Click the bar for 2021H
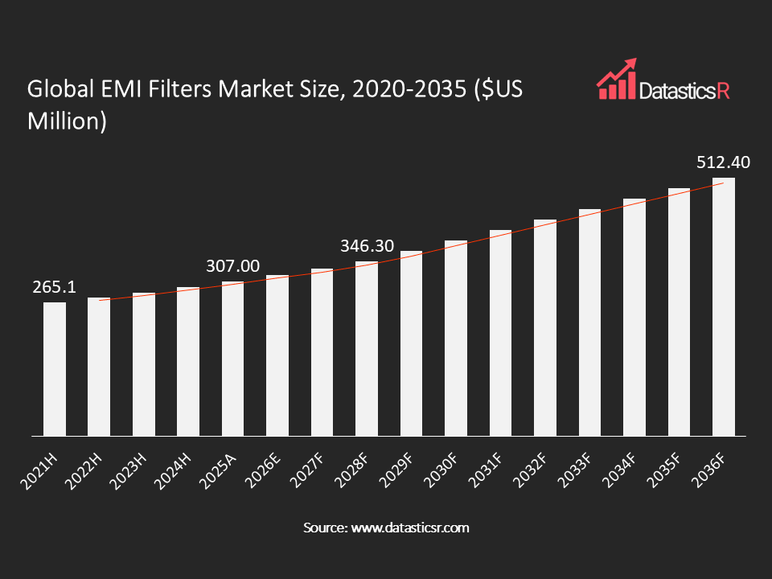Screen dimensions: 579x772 pos(55,369)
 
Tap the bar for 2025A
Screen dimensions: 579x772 pos(232,359)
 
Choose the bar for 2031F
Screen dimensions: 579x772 pos(500,333)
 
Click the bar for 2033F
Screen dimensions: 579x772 pos(589,322)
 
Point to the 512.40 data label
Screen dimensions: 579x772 pos(724,162)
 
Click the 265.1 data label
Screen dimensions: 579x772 pos(55,287)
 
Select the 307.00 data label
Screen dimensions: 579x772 pos(233,266)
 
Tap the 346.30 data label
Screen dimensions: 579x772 pos(367,246)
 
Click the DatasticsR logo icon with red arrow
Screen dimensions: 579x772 pos(615,79)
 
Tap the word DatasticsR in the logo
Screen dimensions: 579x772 pos(683,91)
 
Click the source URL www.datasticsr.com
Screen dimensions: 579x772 pos(408,528)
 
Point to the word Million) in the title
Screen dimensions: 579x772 pos(67,121)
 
